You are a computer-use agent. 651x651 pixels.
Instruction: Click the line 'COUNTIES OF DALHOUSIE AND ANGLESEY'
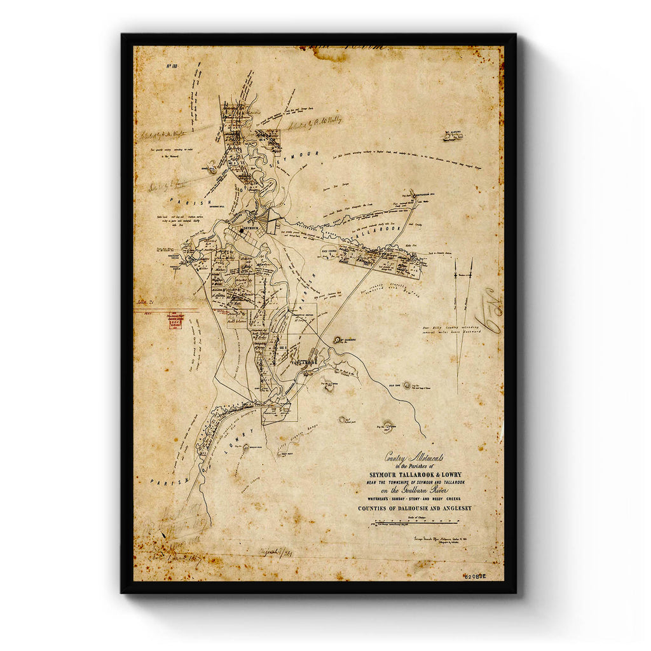pos(415,509)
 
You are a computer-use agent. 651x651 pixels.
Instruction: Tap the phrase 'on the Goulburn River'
pos(415,491)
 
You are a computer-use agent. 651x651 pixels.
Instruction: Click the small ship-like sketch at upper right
pos(453,135)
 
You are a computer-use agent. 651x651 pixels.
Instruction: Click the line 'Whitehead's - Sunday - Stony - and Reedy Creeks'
pos(415,500)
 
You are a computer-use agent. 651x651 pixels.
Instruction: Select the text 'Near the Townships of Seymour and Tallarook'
pos(415,483)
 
